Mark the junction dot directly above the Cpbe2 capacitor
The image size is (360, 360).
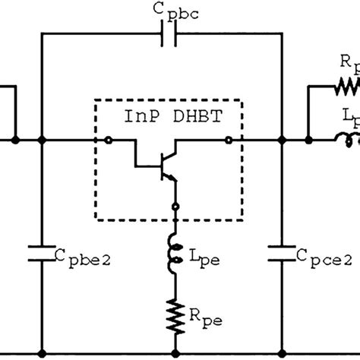(x=42, y=141)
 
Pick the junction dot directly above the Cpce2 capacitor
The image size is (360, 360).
(x=283, y=141)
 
